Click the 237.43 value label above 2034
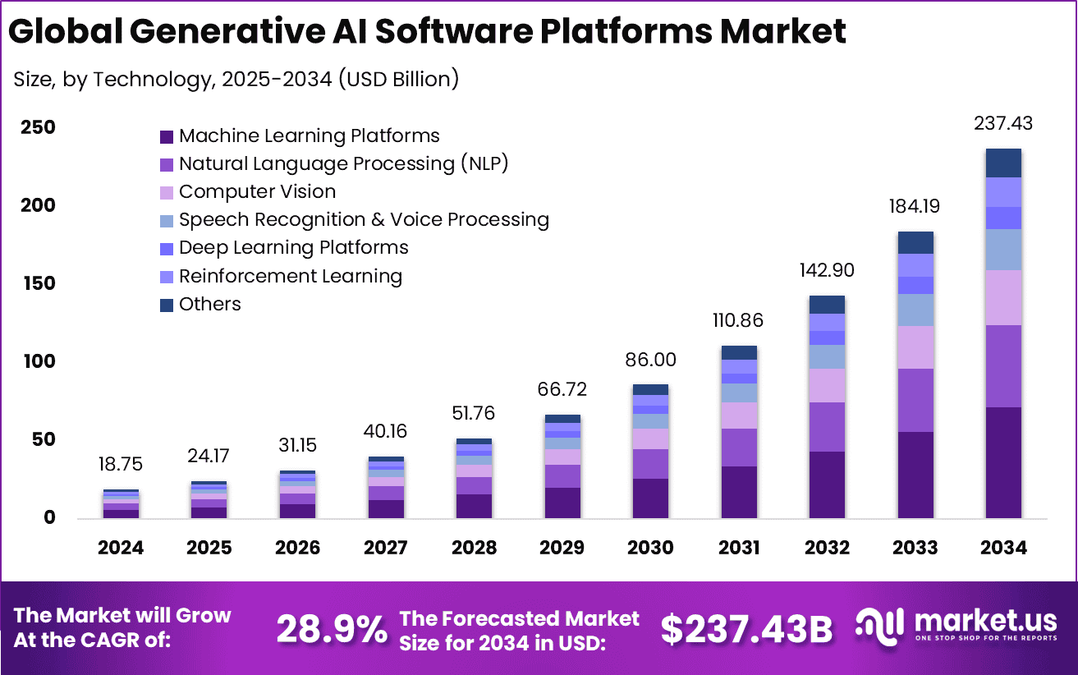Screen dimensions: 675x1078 pos(1002,124)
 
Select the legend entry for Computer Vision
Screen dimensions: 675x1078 pos(257,192)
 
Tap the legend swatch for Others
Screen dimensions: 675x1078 pos(167,305)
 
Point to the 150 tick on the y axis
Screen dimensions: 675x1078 pos(39,283)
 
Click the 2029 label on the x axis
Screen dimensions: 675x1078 pos(562,548)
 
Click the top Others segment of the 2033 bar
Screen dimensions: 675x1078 pos(915,242)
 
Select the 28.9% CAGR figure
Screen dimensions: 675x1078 pos(332,629)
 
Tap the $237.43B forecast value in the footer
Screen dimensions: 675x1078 pos(746,629)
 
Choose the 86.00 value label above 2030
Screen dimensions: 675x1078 pos(651,360)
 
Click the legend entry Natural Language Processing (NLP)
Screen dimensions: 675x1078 pos(344,164)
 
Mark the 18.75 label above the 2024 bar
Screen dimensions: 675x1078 pos(121,465)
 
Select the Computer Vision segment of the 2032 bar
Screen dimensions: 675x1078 pos(827,385)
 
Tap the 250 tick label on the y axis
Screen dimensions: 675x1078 pos(39,127)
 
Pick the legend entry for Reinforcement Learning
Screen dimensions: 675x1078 pos(290,277)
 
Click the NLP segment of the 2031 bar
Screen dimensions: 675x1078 pos(739,448)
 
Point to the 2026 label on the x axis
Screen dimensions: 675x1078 pos(297,548)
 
